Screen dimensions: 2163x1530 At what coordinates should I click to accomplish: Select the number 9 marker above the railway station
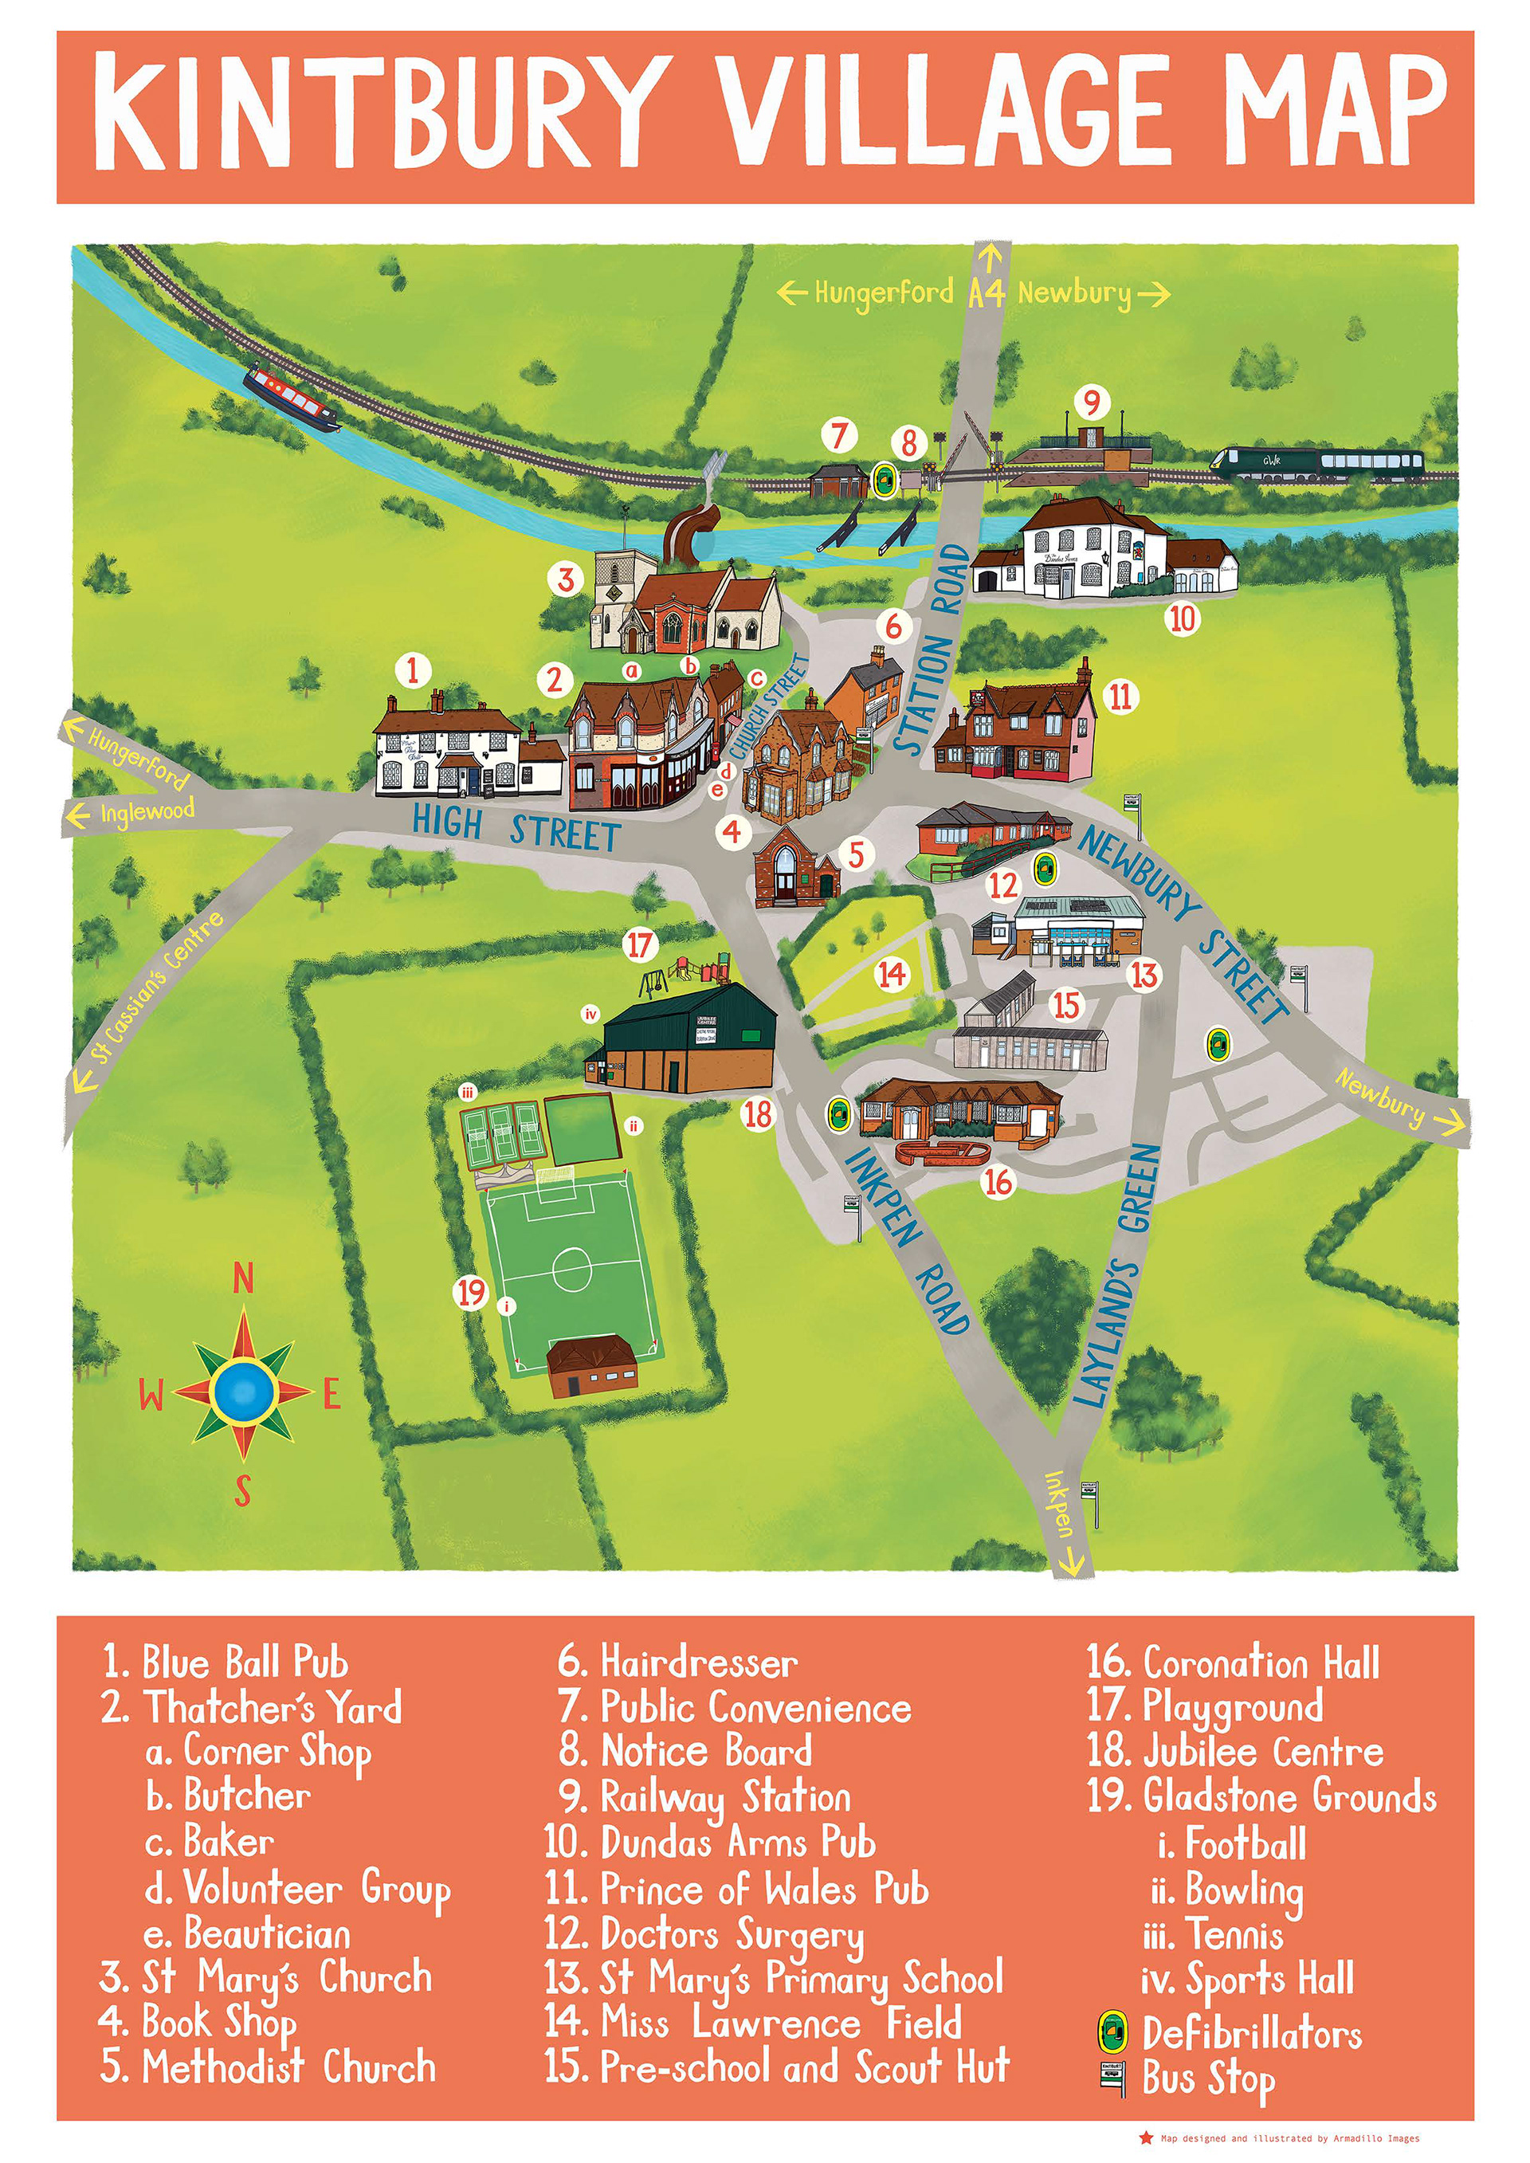pyautogui.click(x=1091, y=403)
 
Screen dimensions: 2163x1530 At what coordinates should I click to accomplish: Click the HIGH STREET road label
pyautogui.click(x=516, y=829)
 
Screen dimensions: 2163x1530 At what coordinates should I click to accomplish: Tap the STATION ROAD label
pyautogui.click(x=932, y=650)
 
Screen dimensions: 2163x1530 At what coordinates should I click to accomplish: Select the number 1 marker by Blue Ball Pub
pyautogui.click(x=413, y=671)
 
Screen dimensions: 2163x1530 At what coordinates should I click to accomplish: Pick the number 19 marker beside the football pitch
pyautogui.click(x=471, y=1293)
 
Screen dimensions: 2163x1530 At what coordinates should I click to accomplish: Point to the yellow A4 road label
pyautogui.click(x=987, y=294)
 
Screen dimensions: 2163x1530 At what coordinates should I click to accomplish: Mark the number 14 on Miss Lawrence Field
pyautogui.click(x=892, y=974)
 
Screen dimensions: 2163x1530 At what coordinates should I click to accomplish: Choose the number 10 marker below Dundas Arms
pyautogui.click(x=1183, y=619)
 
